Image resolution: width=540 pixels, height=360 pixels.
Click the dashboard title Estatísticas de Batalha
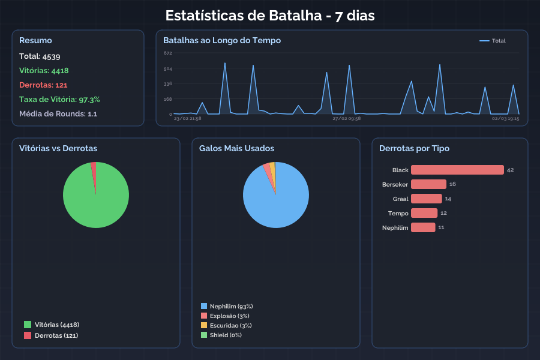point(269,16)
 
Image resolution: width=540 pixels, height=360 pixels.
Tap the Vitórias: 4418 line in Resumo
point(44,71)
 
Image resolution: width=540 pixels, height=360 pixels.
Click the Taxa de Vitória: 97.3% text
point(59,100)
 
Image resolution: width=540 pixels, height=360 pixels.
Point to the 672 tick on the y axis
point(167,53)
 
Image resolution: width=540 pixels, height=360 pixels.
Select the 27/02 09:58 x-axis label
point(346,119)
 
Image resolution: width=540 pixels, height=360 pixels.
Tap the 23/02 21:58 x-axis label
point(187,119)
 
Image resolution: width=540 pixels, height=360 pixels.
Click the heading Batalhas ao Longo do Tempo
point(222,41)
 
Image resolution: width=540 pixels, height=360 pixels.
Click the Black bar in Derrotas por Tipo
point(457,170)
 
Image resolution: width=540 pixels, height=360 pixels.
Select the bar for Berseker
point(428,184)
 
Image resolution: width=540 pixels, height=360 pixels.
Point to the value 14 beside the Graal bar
point(448,199)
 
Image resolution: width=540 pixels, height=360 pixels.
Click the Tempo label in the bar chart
point(398,213)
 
